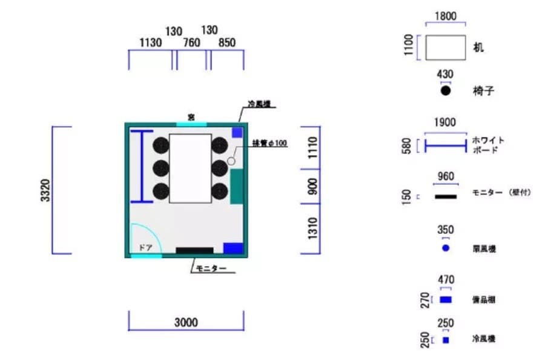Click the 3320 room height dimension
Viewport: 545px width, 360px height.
pyautogui.click(x=45, y=190)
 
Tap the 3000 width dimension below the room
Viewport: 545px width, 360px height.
pyautogui.click(x=186, y=323)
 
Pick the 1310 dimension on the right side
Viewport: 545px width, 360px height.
pyautogui.click(x=312, y=228)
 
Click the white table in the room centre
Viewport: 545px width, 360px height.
pyautogui.click(x=190, y=168)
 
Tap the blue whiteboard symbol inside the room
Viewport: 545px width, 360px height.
pyautogui.click(x=141, y=166)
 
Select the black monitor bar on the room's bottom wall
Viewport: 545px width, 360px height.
pyautogui.click(x=194, y=250)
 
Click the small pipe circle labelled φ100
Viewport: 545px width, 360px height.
pyautogui.click(x=231, y=161)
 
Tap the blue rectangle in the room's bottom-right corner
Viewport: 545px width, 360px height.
pyautogui.click(x=233, y=247)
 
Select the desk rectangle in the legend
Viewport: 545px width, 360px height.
pyautogui.click(x=445, y=47)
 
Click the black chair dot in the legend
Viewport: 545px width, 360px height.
pyautogui.click(x=446, y=91)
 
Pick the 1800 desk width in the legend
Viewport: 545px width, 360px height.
pyautogui.click(x=446, y=17)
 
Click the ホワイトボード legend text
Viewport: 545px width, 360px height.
pyautogui.click(x=487, y=145)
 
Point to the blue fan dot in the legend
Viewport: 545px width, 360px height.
pyautogui.click(x=446, y=248)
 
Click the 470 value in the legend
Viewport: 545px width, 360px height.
pyautogui.click(x=446, y=279)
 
